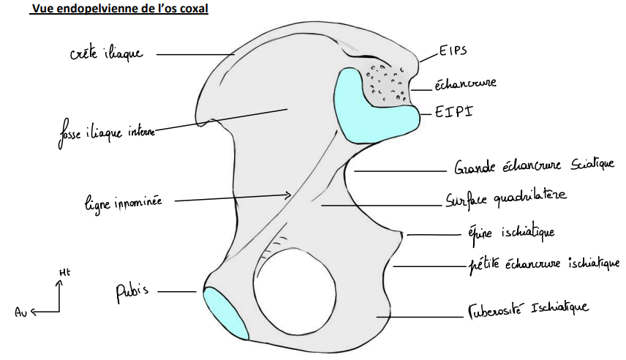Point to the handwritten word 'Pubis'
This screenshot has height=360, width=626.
pos(131,291)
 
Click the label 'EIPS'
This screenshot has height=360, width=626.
pos(453,52)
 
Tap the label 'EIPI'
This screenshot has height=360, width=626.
pos(452,113)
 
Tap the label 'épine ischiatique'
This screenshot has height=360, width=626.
pos(510,233)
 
